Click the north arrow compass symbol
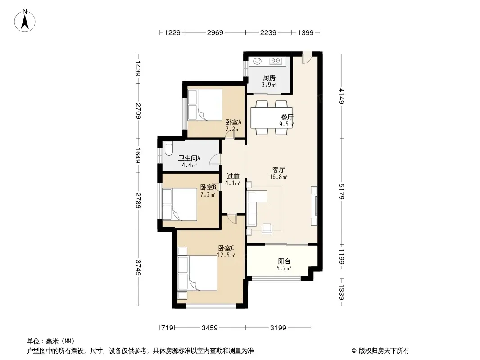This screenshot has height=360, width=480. tap(25, 21)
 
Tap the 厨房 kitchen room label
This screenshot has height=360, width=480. tap(269, 77)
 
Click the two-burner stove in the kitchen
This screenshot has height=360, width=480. tap(276, 61)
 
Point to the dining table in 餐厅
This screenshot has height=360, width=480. tap(272, 117)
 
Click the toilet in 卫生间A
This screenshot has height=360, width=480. tap(168, 149)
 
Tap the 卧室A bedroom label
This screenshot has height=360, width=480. tap(233, 122)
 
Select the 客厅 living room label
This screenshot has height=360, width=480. tap(279, 170)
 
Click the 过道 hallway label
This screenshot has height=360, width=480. tap(233, 176)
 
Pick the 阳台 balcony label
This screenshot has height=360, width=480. tap(284, 261)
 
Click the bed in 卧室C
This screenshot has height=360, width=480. tap(198, 273)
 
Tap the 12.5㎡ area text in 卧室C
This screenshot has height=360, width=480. tap(226, 255)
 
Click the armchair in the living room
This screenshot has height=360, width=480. tap(267, 229)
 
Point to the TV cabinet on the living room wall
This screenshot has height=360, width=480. tap(314, 206)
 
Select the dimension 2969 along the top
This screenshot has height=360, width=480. tap(215, 32)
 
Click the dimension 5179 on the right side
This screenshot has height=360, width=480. tap(342, 191)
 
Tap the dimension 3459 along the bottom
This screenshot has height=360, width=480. tap(210, 328)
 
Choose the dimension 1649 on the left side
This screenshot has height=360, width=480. tap(138, 155)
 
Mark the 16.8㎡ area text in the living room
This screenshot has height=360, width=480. tap(278, 177)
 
